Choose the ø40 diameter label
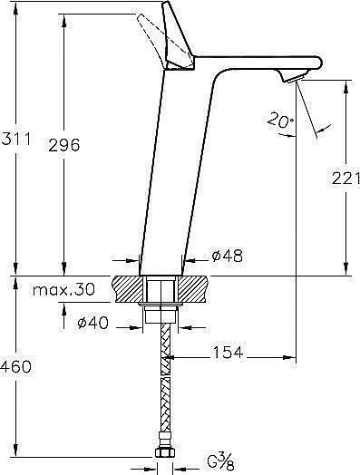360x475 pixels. (93, 323)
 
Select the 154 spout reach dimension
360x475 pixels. (229, 354)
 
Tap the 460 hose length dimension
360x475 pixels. (16, 367)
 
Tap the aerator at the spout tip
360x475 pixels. (292, 81)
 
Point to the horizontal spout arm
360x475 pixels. (263, 65)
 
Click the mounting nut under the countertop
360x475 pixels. (161, 316)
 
